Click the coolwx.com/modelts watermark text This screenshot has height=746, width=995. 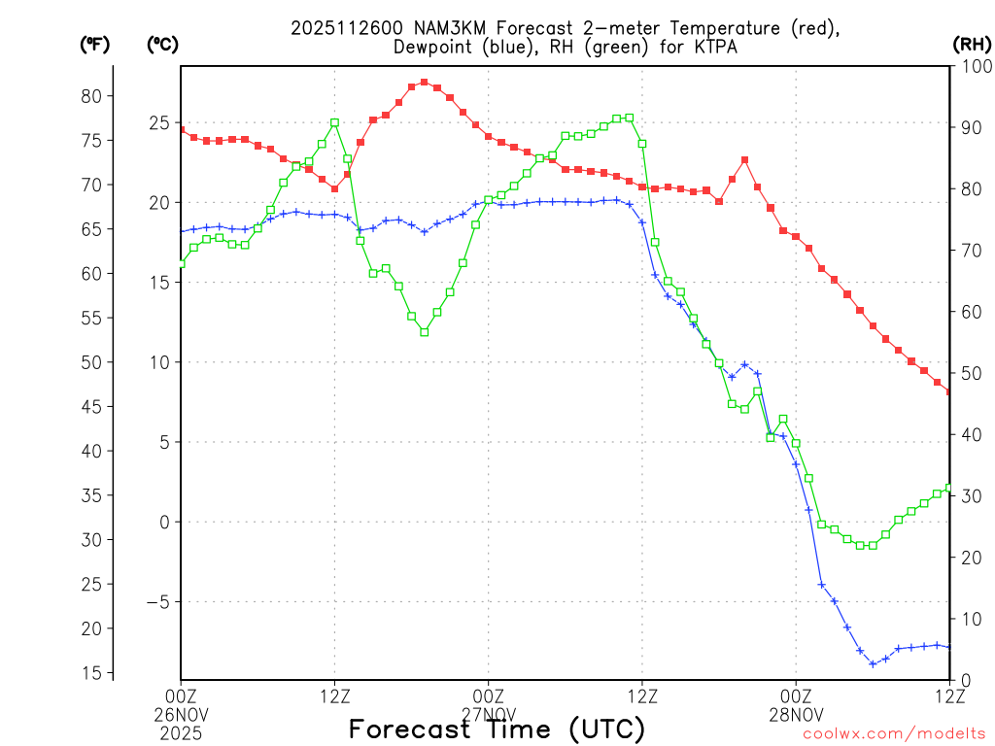pos(894,733)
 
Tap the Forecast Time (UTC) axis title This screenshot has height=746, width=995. pos(497,729)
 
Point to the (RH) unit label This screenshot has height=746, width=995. pos(972,44)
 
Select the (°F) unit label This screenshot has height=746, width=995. pos(94,44)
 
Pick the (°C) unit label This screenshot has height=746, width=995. pos(162,44)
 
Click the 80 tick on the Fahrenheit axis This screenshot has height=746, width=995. pos(91,95)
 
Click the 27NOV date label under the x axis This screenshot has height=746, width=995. pos(488,714)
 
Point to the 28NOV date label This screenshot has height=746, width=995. pos(796,714)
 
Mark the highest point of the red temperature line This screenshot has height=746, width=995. pos(425,83)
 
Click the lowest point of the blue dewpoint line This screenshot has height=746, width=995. pos(873,664)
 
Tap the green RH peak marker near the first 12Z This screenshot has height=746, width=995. pos(334,122)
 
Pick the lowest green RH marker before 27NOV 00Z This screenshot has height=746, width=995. pos(425,332)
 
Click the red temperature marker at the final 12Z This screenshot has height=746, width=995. pos(949,392)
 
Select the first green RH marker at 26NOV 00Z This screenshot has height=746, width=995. pos(181,262)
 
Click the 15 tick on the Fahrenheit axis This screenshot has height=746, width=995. pos(91,673)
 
